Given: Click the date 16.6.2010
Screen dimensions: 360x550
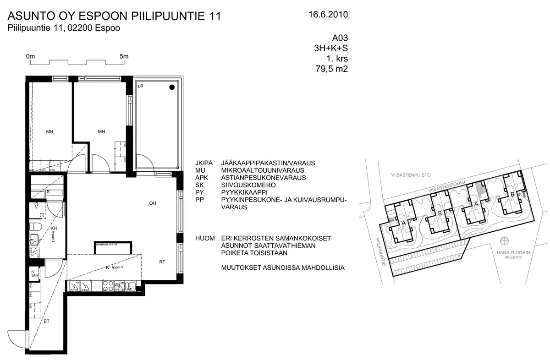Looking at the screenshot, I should [329, 15].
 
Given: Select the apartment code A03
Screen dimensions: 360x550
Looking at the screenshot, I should [340, 39].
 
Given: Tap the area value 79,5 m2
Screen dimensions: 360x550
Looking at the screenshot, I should [329, 69].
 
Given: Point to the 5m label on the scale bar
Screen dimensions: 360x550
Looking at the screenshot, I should [124, 56].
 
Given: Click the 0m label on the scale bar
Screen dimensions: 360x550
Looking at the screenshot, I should [31, 56].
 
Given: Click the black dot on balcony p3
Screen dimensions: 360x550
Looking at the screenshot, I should [171, 87].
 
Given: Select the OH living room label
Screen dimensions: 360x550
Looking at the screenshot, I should [153, 203].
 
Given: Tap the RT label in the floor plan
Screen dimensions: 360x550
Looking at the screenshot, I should [162, 262].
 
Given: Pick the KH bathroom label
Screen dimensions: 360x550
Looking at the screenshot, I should [54, 228].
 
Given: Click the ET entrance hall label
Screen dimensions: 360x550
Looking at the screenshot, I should [46, 322].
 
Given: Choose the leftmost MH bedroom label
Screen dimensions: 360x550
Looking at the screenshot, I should [49, 132].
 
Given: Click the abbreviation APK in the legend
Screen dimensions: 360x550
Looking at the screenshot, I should [202, 178].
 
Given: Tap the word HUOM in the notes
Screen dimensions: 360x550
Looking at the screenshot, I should [204, 239].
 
